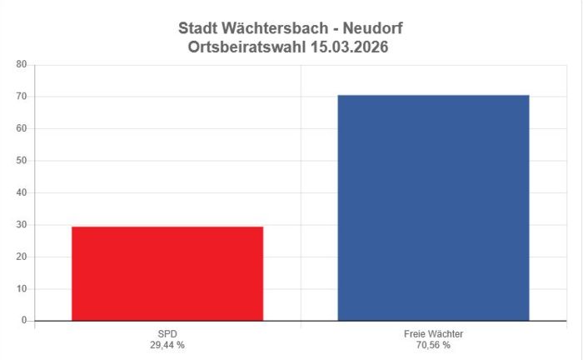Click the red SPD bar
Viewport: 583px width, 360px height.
tap(167, 273)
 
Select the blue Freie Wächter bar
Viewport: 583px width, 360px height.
tap(433, 207)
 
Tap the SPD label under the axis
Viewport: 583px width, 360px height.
tap(167, 333)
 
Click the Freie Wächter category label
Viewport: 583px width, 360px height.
tap(433, 333)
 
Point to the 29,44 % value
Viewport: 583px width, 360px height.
tap(167, 344)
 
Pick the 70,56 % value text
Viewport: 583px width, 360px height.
tap(433, 344)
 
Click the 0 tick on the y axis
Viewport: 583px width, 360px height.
tap(24, 321)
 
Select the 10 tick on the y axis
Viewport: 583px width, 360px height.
tap(22, 289)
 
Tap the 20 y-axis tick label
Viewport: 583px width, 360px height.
tap(22, 257)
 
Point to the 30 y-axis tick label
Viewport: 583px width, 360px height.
tap(22, 225)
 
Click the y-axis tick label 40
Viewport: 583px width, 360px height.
tap(22, 192)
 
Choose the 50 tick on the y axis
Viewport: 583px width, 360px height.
tap(22, 161)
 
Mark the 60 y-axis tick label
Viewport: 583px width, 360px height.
tap(22, 128)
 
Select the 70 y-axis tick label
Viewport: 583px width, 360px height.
tap(22, 97)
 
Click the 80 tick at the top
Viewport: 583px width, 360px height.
tap(22, 64)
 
